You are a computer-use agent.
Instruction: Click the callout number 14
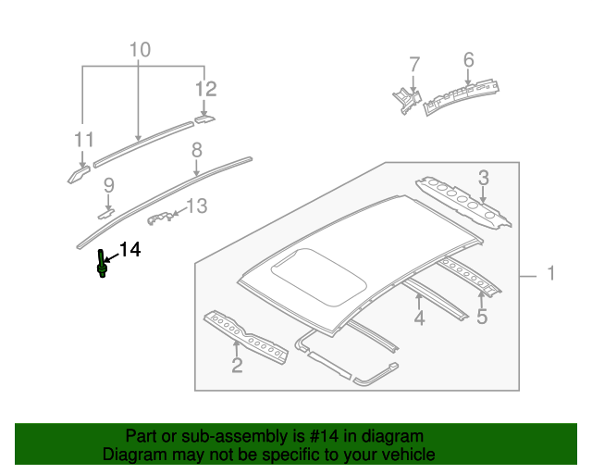[129, 250]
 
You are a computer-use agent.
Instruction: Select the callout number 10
[139, 49]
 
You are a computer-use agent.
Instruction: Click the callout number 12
[205, 89]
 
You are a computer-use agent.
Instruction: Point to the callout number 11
[84, 140]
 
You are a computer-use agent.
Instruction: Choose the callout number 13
[197, 206]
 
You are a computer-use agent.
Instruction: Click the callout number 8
[197, 149]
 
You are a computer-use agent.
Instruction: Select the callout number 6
[469, 60]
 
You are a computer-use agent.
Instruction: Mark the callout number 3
[483, 177]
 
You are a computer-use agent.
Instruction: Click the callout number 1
[550, 274]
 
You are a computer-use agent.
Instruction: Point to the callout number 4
[419, 319]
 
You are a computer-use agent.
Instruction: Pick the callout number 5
[481, 318]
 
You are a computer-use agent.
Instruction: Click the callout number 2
[237, 366]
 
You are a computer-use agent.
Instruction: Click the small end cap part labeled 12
[203, 118]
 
